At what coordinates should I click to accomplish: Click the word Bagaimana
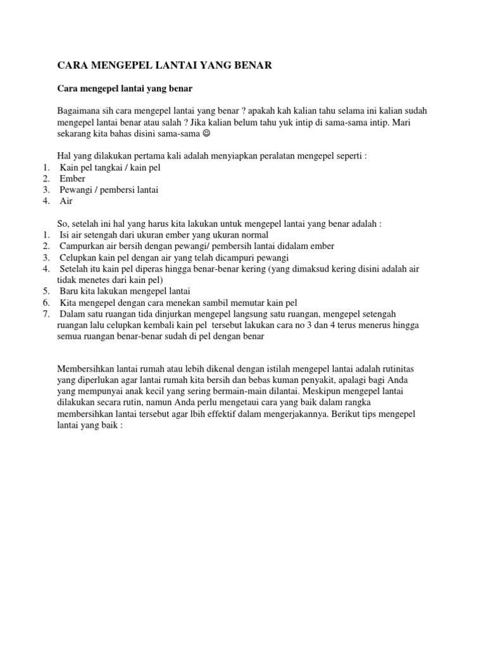click(79, 111)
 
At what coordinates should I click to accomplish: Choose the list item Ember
click(72, 179)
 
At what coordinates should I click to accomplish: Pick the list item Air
click(66, 201)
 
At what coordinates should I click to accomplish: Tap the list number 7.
click(46, 314)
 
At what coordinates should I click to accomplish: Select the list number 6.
click(46, 303)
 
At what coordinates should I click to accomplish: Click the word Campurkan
click(82, 246)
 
